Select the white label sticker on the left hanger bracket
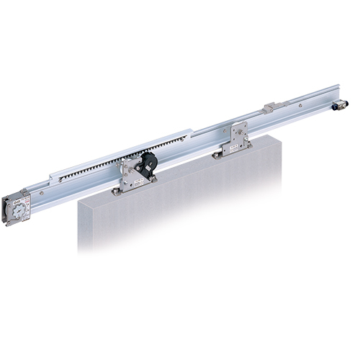[134, 173]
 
